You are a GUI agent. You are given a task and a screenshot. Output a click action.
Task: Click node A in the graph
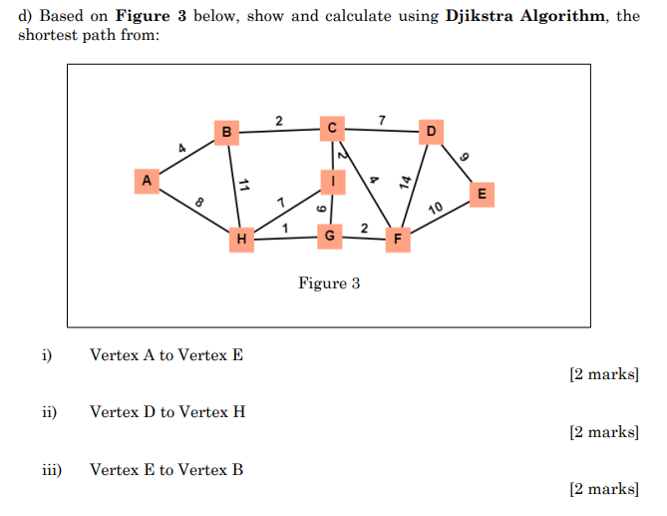[x=147, y=181]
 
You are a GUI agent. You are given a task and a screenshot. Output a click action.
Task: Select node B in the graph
[x=227, y=132]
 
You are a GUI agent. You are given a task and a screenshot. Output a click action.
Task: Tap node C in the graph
[x=331, y=127]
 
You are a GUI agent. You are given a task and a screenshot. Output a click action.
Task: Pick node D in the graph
[x=431, y=131]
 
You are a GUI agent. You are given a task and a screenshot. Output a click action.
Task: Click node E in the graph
[x=483, y=194]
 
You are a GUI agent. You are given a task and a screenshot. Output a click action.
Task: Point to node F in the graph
[x=398, y=240]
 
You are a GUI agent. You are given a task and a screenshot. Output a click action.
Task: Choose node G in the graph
[x=330, y=237]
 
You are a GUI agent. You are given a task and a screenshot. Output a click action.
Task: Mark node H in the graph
[x=240, y=240]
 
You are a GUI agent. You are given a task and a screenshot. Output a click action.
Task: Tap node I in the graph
[x=331, y=182]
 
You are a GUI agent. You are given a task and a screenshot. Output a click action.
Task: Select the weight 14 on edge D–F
[x=406, y=181]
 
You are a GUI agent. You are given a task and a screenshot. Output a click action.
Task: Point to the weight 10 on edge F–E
[x=436, y=209]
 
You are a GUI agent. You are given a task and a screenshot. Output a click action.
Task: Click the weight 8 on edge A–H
[x=198, y=203]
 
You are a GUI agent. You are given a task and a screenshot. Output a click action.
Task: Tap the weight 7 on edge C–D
[x=382, y=121]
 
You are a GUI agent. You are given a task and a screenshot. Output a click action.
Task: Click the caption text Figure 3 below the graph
[x=329, y=283]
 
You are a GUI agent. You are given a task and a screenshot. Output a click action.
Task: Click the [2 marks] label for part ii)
[x=603, y=432]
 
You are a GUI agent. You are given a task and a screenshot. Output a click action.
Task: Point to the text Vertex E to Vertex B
[x=167, y=469]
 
